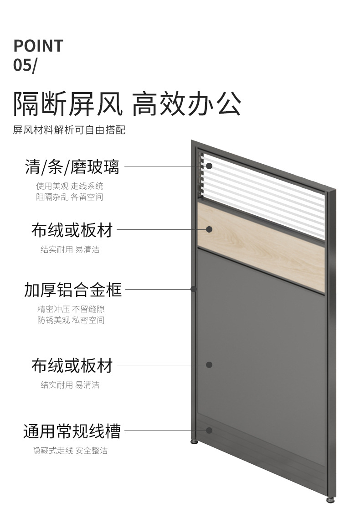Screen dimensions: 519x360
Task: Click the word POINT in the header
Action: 38,46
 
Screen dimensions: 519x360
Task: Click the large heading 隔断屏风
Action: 68,104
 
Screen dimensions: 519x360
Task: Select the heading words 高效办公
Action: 186,104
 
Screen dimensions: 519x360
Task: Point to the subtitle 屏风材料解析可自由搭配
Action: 69,130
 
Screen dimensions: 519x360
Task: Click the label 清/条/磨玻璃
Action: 72,167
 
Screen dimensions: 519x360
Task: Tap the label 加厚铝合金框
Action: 73,289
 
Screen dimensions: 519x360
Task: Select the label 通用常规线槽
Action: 72,431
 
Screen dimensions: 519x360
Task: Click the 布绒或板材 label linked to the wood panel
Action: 72,230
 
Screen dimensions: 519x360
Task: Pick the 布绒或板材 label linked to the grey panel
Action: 72,365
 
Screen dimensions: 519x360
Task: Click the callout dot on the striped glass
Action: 209,166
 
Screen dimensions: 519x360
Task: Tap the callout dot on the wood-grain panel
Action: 209,229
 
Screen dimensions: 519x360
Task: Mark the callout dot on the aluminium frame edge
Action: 194,289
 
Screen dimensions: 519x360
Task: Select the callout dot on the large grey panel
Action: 209,365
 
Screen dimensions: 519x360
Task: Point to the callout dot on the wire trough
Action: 209,430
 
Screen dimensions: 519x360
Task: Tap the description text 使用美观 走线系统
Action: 70,186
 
